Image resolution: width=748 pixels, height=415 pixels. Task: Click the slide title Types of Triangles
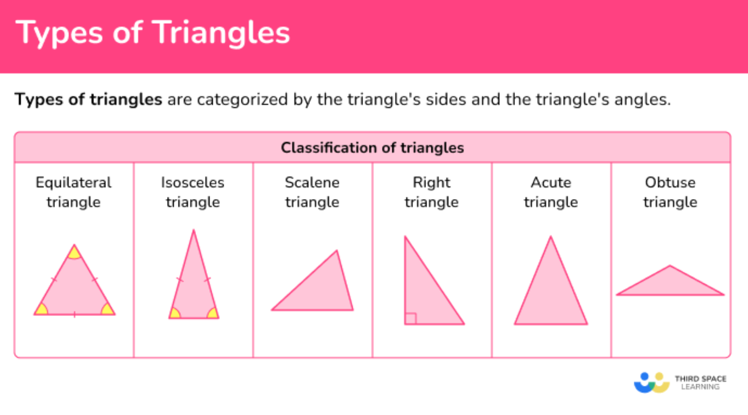pos(152,33)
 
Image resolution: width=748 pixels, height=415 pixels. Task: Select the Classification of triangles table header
pos(373,148)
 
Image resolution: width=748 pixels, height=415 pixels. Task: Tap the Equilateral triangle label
pos(73,192)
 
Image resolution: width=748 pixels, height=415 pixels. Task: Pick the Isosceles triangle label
pos(192,192)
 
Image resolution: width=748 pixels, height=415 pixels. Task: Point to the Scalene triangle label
pos(312,192)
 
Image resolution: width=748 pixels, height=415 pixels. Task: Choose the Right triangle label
pos(431,192)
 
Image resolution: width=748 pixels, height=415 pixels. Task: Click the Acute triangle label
pos(551,192)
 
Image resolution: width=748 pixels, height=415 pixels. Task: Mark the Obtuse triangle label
pos(670,192)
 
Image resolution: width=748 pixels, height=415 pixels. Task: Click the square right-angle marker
pos(411,318)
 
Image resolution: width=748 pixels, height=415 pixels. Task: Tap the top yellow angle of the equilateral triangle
pos(74,253)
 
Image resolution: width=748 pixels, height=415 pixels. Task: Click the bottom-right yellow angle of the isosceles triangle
pos(213,313)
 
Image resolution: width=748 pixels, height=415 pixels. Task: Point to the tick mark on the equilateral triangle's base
pos(75,314)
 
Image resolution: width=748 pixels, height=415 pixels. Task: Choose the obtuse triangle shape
pos(670,284)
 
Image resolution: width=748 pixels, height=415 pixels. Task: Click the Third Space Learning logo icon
pos(652,382)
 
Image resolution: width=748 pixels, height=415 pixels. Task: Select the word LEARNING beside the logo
pos(700,387)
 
